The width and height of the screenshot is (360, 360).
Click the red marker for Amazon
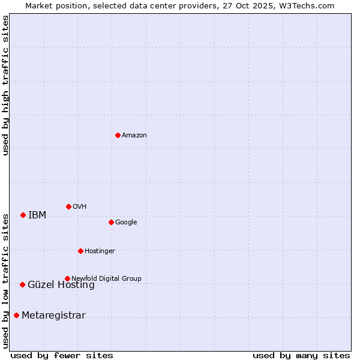click(x=118, y=135)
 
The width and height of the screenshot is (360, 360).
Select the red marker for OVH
click(x=68, y=206)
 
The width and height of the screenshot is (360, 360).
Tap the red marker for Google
click(x=111, y=222)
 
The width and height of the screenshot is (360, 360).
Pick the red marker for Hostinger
click(x=80, y=251)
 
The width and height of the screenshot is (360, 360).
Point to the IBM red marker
click(x=23, y=215)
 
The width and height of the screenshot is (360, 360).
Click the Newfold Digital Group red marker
click(x=67, y=278)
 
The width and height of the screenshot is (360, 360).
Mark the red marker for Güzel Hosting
click(x=22, y=284)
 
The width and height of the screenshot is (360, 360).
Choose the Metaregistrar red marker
click(x=16, y=315)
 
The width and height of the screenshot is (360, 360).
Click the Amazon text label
click(x=134, y=136)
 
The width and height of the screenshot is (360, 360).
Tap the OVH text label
click(x=80, y=207)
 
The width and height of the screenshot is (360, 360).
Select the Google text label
click(x=126, y=223)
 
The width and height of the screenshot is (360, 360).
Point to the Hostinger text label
click(x=100, y=251)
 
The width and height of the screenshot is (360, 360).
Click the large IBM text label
click(x=37, y=215)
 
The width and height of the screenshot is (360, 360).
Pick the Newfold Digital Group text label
click(x=106, y=278)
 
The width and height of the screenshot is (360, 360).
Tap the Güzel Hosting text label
click(x=61, y=285)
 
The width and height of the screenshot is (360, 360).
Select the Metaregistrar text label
click(x=53, y=316)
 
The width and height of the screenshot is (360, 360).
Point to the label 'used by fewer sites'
click(x=62, y=355)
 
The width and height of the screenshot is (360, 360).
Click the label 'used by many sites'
click(x=301, y=355)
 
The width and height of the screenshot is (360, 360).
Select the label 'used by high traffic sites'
click(x=5, y=85)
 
